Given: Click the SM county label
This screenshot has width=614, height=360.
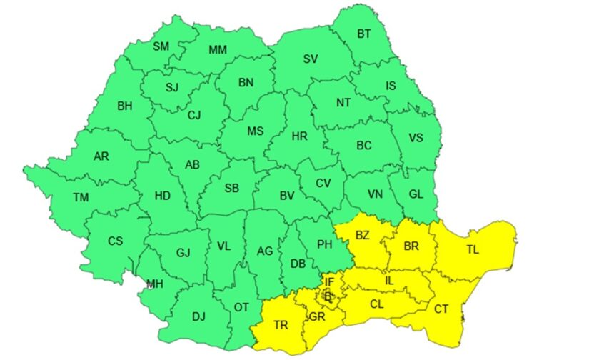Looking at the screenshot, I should pos(161,47).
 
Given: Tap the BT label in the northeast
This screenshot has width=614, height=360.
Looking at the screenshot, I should pos(364,34).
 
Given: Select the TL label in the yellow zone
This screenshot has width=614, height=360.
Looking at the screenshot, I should pos(473,250).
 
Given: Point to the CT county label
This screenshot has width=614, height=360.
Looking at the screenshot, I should pos(441,309).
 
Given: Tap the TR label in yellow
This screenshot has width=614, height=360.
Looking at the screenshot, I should pos(281,325).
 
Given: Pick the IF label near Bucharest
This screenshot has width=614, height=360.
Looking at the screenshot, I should pos(329,282).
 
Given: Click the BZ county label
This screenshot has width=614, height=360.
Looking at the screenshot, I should pos(363,235).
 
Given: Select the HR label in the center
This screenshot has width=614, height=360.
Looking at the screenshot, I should pos(301,135).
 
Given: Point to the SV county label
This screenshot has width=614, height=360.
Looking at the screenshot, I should pos(310,59).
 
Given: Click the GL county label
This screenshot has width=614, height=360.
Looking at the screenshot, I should pos(416,193).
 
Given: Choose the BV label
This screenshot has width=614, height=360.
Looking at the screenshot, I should pos(287,195).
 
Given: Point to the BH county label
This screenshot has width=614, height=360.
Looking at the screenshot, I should pos(124,106).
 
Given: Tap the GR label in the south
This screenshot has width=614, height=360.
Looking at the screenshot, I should pos(317,316).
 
